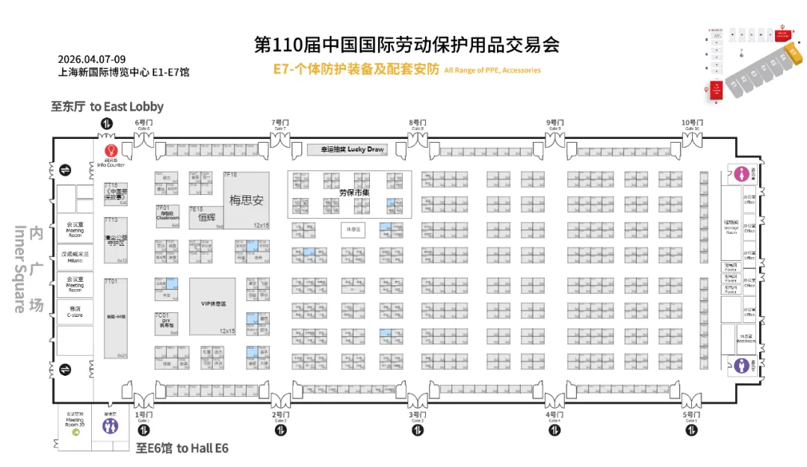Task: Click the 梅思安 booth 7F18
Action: point(246,200)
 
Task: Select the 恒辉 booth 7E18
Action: point(206,217)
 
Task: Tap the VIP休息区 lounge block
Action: point(212,306)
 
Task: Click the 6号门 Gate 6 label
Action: point(143,124)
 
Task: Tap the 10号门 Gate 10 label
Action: point(692,124)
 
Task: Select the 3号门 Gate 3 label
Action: point(417,416)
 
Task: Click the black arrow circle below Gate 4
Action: point(554,430)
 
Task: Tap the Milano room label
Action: point(75,256)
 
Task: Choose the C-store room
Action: point(75,312)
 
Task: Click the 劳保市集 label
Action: point(350,192)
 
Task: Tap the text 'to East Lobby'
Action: point(126,107)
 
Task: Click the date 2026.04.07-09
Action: point(92,59)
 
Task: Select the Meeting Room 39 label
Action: point(75,420)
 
